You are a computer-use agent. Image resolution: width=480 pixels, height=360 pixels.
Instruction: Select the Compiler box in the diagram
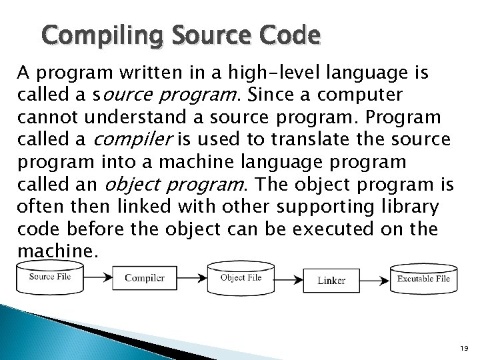pos(144,278)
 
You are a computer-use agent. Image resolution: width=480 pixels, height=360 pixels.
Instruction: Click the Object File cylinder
pos(241,278)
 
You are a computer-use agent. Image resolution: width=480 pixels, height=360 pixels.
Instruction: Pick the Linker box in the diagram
pos(331,280)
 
